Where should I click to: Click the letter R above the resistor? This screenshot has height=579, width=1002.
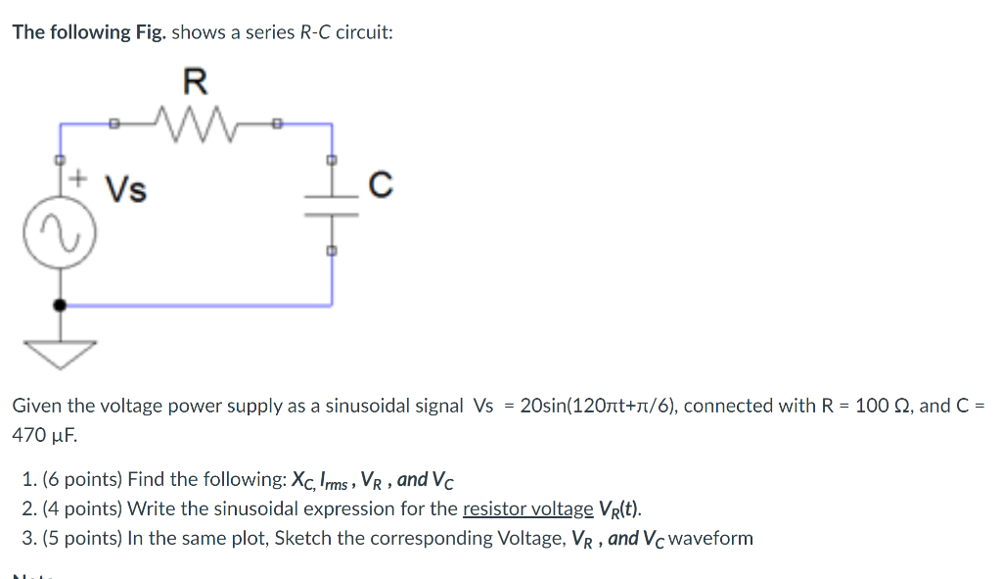point(196,78)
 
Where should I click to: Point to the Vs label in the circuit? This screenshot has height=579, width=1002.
point(125,188)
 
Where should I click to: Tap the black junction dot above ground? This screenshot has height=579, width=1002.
point(60,305)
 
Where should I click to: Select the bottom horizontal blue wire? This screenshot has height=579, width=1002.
point(196,305)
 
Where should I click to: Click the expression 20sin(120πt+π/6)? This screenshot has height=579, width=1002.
point(598,406)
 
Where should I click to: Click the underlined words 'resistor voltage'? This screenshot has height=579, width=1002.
point(527,508)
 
